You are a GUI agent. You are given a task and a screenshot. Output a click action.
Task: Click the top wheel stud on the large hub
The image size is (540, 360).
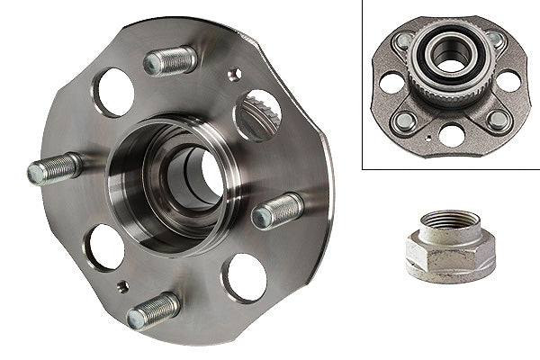click(x=170, y=61)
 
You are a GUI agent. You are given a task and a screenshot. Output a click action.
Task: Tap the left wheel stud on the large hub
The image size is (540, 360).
click(x=54, y=168)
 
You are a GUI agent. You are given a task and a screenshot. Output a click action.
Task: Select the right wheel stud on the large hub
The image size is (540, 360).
click(x=276, y=211)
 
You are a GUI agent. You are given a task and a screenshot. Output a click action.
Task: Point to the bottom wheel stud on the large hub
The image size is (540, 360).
click(x=153, y=310)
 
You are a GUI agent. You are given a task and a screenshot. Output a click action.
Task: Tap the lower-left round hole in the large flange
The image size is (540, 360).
click(x=105, y=247)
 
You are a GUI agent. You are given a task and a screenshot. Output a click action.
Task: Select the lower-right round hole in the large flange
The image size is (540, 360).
click(x=245, y=277)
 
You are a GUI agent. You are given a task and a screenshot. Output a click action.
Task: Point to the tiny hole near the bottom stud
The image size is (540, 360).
click(x=123, y=286)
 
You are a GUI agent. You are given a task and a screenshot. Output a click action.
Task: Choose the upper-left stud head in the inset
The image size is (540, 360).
click(x=401, y=41)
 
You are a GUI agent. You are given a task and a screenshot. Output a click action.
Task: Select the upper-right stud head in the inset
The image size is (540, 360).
click(x=494, y=40)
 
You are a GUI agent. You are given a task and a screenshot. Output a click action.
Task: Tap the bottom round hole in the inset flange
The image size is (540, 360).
click(x=449, y=135)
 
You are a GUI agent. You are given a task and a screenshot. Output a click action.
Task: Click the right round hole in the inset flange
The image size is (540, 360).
click(x=508, y=80)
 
